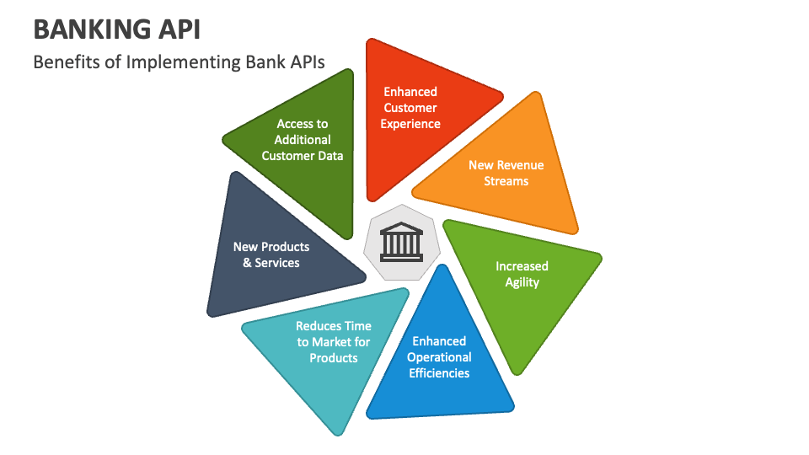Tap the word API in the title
[x=176, y=29]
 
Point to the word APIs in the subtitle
[x=307, y=62]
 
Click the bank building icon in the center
[x=401, y=242]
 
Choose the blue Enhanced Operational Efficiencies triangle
[x=439, y=361]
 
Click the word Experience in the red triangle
[x=410, y=124]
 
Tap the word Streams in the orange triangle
[x=506, y=181]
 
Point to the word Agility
[x=522, y=283]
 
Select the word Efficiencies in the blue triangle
[x=439, y=373]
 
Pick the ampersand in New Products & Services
[x=247, y=263]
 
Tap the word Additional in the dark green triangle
[x=303, y=140]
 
